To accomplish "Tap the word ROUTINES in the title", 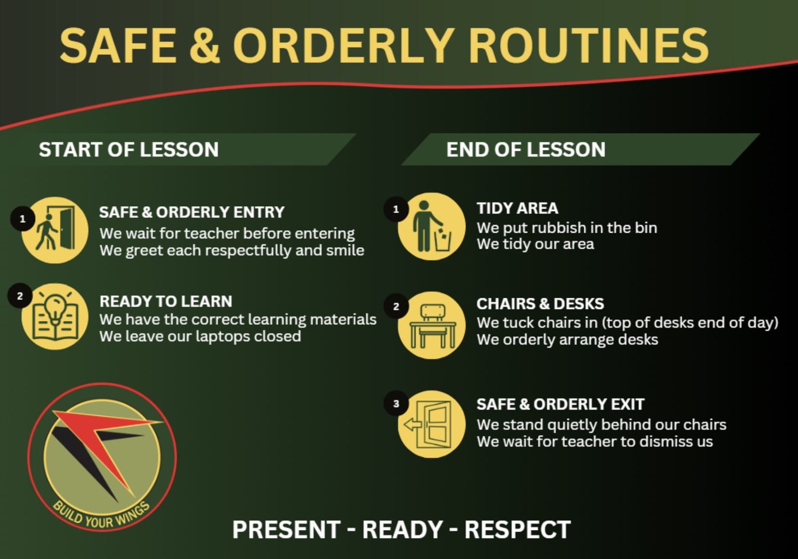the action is pyautogui.click(x=589, y=46).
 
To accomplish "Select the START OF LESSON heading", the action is pyautogui.click(x=129, y=149).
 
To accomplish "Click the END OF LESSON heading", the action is pyautogui.click(x=526, y=149).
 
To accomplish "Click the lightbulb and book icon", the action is pyautogui.click(x=55, y=316).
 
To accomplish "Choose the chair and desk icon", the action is pyautogui.click(x=432, y=325).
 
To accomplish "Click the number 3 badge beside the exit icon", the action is pyautogui.click(x=396, y=403).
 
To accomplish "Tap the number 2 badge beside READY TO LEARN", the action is pyautogui.click(x=20, y=296).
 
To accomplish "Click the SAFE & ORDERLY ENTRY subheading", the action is pyautogui.click(x=192, y=212).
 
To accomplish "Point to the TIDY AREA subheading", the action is pyautogui.click(x=517, y=208).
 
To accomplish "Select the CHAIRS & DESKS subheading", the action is pyautogui.click(x=540, y=304).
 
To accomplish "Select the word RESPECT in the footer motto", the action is pyautogui.click(x=518, y=530).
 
